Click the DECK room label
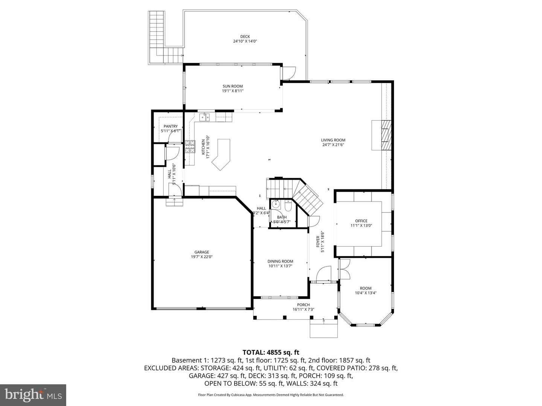(x=245, y=36)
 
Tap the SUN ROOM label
(x=233, y=86)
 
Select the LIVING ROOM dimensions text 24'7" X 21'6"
(x=333, y=145)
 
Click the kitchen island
(x=222, y=155)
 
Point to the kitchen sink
(x=204, y=117)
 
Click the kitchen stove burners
(x=190, y=146)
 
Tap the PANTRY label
(x=171, y=126)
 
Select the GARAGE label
(x=202, y=252)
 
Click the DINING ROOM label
(x=280, y=261)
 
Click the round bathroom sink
(x=276, y=205)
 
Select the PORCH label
(x=303, y=305)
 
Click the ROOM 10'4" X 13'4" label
(x=365, y=288)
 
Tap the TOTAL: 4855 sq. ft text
(x=271, y=352)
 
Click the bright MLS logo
(x=33, y=395)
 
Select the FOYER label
(x=318, y=241)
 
